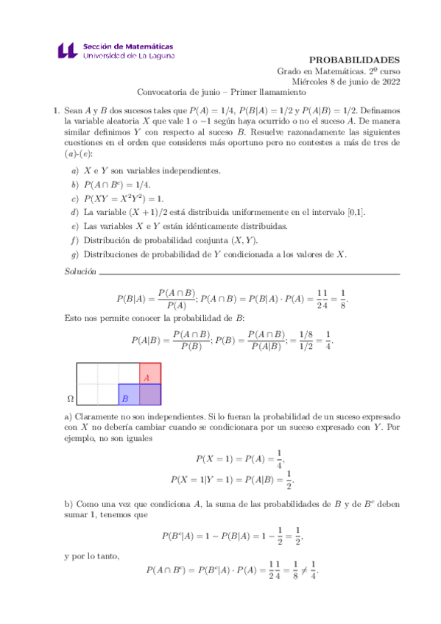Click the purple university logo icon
(x=66, y=50)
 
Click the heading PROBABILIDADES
(x=354, y=60)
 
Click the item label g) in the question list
(x=74, y=255)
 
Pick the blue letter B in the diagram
(x=125, y=398)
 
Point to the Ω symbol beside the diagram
(x=71, y=398)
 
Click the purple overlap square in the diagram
(x=150, y=394)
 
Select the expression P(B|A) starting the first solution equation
(x=133, y=299)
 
